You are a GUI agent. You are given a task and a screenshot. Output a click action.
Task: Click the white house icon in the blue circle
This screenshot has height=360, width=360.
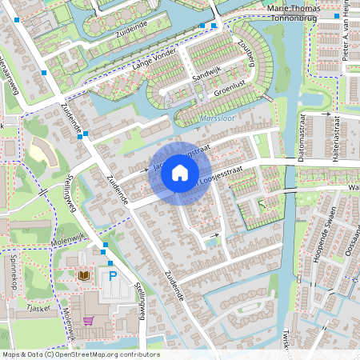point(180,172)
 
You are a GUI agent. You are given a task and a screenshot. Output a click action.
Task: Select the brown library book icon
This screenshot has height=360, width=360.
point(83,275)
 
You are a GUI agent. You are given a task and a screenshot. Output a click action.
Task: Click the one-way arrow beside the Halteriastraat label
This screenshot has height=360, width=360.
point(326,114)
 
